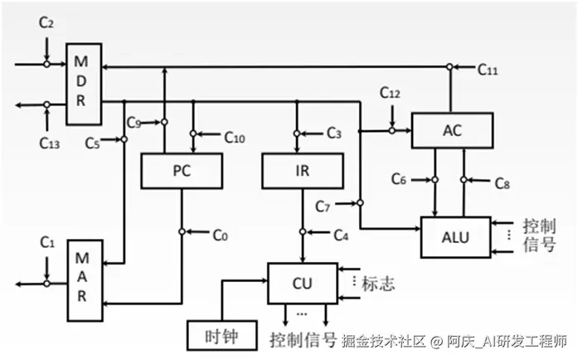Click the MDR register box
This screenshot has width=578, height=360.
(x=84, y=84)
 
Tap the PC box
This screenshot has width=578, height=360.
(x=182, y=171)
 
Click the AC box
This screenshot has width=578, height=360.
(x=452, y=129)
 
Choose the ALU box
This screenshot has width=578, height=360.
(x=455, y=237)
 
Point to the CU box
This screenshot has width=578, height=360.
(x=303, y=282)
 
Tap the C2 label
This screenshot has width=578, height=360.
(x=46, y=26)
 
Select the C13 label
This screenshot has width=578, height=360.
(x=49, y=142)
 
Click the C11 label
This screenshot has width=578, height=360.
(x=488, y=71)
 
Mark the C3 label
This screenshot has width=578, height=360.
(x=333, y=133)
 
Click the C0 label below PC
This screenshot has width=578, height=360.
(x=219, y=235)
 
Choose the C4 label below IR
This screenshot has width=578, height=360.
(x=340, y=235)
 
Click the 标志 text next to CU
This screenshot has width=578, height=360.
(x=377, y=283)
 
